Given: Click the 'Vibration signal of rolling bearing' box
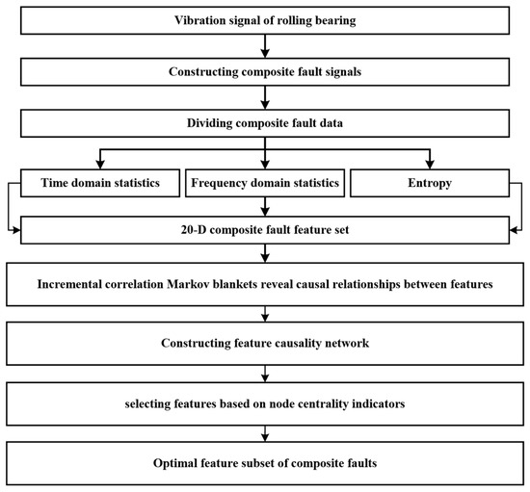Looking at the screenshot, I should (265, 19).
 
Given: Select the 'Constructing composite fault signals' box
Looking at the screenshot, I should (265, 70).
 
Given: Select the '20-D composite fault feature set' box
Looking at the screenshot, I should (265, 231).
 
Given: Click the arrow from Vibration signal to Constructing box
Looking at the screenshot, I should (265, 44).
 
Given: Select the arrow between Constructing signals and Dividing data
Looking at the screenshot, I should (265, 95).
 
